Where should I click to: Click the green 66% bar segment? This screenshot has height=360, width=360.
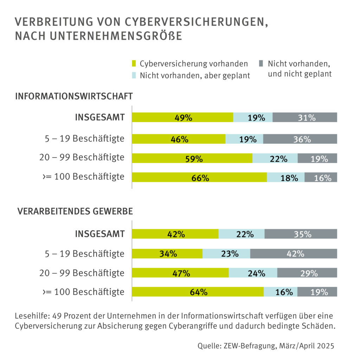[199, 177]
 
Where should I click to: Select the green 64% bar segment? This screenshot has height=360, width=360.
[198, 291]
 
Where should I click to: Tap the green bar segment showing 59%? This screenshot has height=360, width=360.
[192, 158]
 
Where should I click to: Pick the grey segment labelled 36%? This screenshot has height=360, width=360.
[300, 139]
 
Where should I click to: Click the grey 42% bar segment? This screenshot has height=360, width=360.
[294, 253]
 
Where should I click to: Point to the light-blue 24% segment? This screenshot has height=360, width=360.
[253, 272]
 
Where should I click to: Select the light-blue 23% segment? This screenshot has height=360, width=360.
[226, 253]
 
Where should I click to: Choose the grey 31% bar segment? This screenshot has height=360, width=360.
[304, 117]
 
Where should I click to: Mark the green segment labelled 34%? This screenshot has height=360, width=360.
[167, 253]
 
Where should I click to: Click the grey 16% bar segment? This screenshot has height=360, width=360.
[321, 177]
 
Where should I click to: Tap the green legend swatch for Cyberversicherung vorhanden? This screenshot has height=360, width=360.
[134, 64]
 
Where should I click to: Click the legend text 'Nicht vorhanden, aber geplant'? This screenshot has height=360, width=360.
[194, 76]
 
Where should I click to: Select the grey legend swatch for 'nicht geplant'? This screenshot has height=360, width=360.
[261, 64]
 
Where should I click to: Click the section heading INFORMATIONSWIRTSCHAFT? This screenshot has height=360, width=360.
[74, 96]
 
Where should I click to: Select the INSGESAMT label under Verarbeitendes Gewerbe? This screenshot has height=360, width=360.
[100, 234]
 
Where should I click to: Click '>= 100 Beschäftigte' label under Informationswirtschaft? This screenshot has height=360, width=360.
[83, 176]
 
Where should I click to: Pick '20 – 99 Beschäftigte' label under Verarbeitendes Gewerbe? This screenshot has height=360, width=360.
[82, 272]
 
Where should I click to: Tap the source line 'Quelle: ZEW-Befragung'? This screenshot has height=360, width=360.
[265, 346]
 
